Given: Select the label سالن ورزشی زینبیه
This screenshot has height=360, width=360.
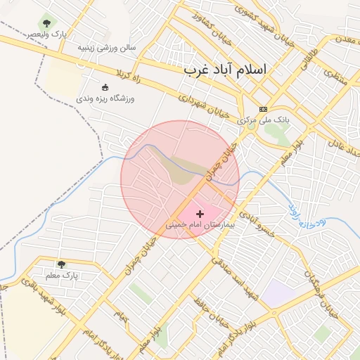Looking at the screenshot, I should pos(106,48).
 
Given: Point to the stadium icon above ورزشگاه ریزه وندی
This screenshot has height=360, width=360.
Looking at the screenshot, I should pos(105,88).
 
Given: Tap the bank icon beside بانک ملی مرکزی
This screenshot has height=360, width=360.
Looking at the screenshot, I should pos(264,109).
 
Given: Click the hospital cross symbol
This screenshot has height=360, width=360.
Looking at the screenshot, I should pos(200,213).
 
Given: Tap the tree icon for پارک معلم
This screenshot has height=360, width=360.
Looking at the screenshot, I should pos(61,264).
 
